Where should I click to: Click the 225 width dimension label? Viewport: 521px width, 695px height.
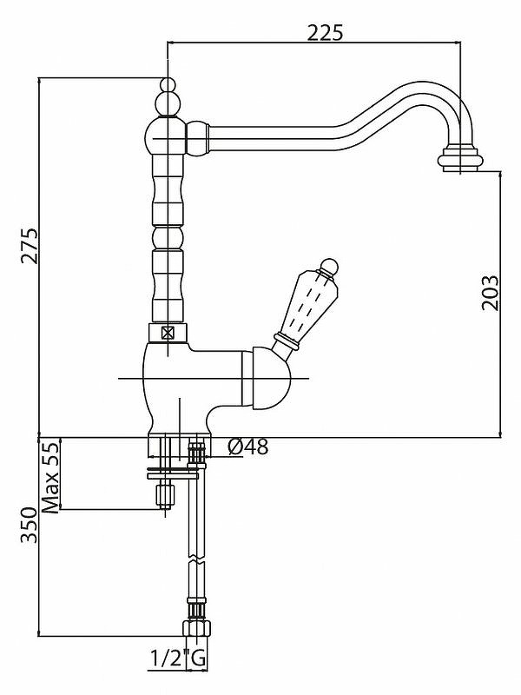tap(326, 32)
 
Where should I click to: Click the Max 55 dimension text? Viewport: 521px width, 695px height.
tap(50, 477)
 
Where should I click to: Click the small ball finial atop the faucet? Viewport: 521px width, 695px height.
tap(168, 87)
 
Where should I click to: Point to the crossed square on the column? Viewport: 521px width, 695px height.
tap(168, 331)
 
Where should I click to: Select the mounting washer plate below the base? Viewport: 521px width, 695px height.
tap(173, 473)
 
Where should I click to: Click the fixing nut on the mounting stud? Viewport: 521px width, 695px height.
tap(163, 497)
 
